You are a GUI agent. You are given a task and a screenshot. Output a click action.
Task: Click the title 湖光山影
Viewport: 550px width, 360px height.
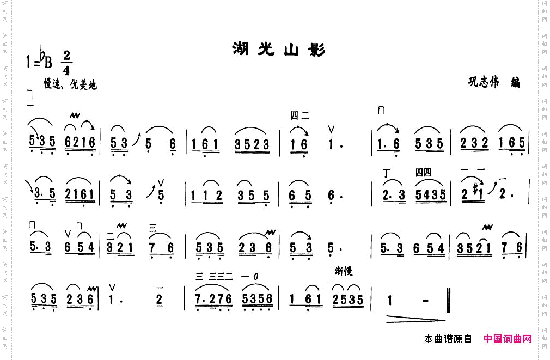tap(279, 50)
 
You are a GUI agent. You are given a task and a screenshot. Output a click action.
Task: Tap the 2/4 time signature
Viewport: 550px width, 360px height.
tap(67, 63)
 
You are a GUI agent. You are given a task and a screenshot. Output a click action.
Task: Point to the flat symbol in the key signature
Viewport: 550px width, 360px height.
tap(41, 55)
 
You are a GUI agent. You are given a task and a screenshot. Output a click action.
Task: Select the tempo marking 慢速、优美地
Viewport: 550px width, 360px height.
tap(70, 84)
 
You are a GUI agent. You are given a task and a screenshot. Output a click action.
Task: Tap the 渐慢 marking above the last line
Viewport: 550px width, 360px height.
tap(344, 271)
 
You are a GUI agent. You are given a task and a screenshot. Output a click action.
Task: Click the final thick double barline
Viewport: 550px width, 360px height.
tap(448, 300)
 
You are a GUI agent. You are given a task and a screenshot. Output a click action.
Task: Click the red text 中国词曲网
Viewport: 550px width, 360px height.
tap(508, 339)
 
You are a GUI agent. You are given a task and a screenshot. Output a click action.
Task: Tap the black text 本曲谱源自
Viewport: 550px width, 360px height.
tap(448, 339)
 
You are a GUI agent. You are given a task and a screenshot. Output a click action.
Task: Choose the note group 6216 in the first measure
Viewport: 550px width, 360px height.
tap(80, 143)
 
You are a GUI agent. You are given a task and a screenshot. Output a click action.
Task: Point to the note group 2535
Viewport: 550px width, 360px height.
tap(348, 300)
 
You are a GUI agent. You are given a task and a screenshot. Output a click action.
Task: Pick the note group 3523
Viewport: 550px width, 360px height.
tap(252, 144)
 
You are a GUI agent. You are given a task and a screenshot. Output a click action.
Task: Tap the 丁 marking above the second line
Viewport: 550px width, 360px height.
tap(387, 174)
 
